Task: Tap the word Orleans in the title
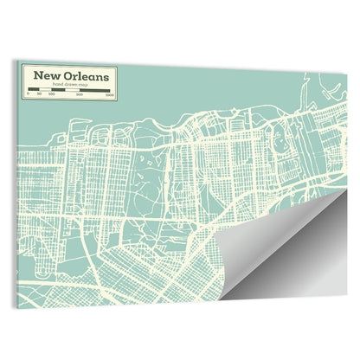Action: [x=86, y=75]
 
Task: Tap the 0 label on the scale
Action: [x=29, y=93]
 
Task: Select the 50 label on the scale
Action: [x=40, y=93]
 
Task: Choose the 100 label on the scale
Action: [x=51, y=93]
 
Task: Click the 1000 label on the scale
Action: [x=110, y=93]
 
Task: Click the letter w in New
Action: [x=55, y=75]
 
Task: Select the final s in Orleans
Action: [x=107, y=76]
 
